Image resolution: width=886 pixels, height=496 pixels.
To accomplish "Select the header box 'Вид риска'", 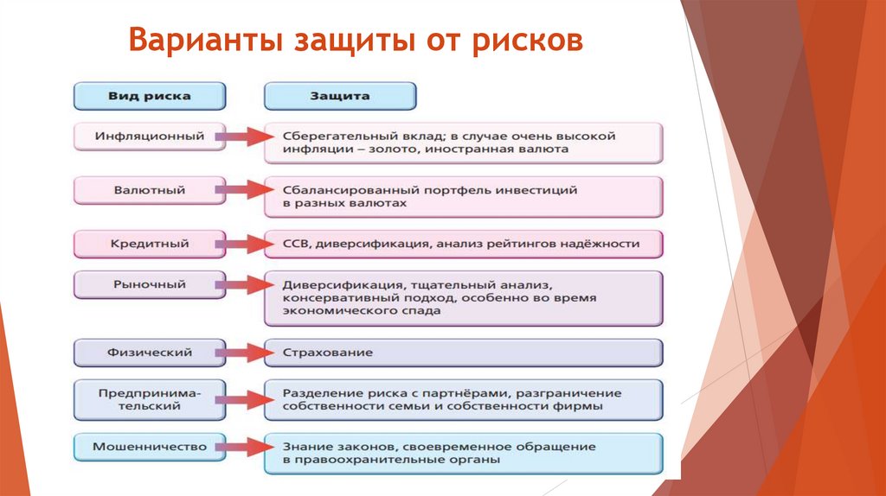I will pyautogui.click(x=150, y=96).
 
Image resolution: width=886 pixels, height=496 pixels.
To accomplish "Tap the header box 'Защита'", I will pyautogui.click(x=340, y=96).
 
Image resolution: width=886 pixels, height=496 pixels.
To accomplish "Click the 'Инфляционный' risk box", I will pyautogui.click(x=150, y=136).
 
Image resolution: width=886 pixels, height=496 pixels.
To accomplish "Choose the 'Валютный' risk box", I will pyautogui.click(x=150, y=189).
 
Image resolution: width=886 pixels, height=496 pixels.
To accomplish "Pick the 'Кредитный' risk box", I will pyautogui.click(x=150, y=244).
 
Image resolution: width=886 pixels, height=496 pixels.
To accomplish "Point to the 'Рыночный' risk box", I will pyautogui.click(x=150, y=283).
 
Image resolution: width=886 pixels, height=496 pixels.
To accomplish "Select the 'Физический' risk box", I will pyautogui.click(x=150, y=353).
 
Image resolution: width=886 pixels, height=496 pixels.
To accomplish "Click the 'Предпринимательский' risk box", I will pyautogui.click(x=150, y=398).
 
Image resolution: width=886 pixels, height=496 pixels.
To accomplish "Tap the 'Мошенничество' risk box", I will pyautogui.click(x=150, y=447).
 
